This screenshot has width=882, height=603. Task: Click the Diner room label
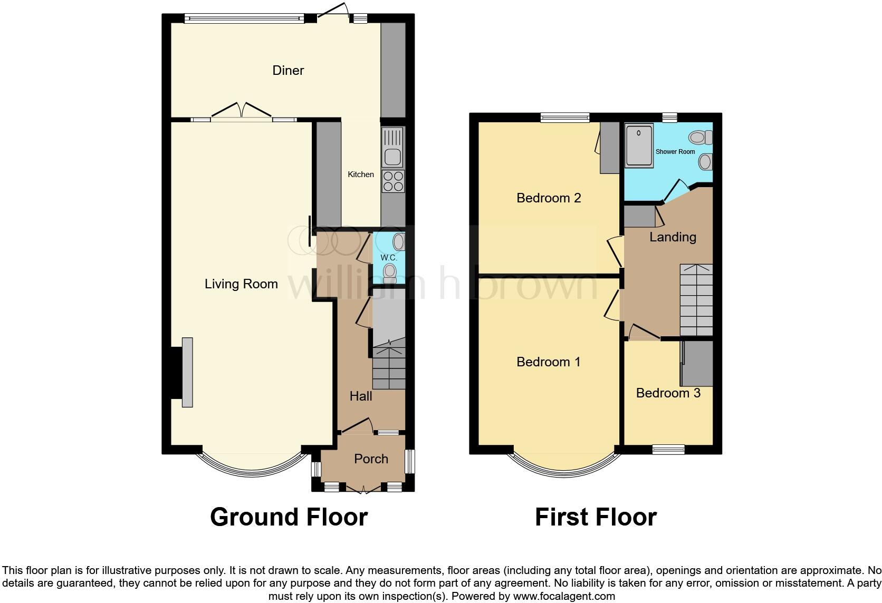[x=288, y=71]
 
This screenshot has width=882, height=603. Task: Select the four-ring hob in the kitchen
[x=393, y=181]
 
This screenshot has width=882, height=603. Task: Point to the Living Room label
[x=241, y=284]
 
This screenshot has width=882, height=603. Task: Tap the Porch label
[x=371, y=459]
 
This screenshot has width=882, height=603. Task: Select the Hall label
[x=361, y=396]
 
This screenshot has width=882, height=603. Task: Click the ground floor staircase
[x=389, y=368]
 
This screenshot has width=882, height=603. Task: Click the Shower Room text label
[x=675, y=152]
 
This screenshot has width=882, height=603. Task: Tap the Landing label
[x=673, y=237]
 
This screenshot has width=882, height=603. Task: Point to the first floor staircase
[x=696, y=300]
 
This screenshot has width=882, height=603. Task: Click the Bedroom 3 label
[x=668, y=393]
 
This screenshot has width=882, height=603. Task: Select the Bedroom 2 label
[x=549, y=198]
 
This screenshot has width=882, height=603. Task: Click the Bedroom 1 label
[x=548, y=362]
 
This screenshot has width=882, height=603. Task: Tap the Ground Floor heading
[x=289, y=517]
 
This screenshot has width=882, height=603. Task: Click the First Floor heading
[x=596, y=517]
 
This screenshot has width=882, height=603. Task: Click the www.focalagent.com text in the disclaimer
[x=564, y=597]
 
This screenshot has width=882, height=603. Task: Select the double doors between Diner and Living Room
[x=242, y=112]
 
